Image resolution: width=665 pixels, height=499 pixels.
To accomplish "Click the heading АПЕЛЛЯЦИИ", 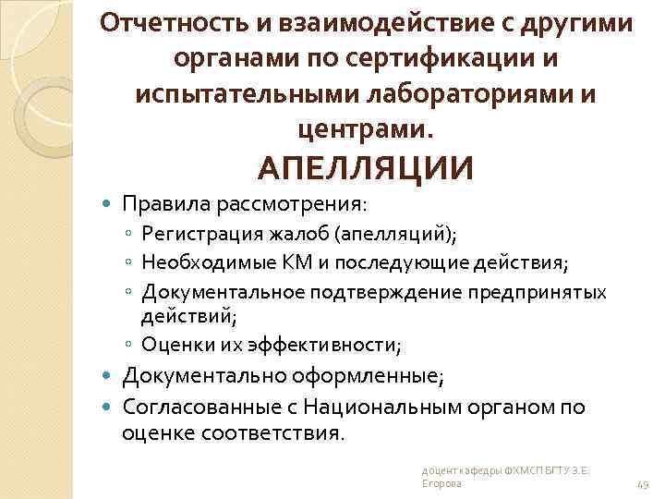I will click(x=366, y=167).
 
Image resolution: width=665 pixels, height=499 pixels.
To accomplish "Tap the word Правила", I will click(x=158, y=201).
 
